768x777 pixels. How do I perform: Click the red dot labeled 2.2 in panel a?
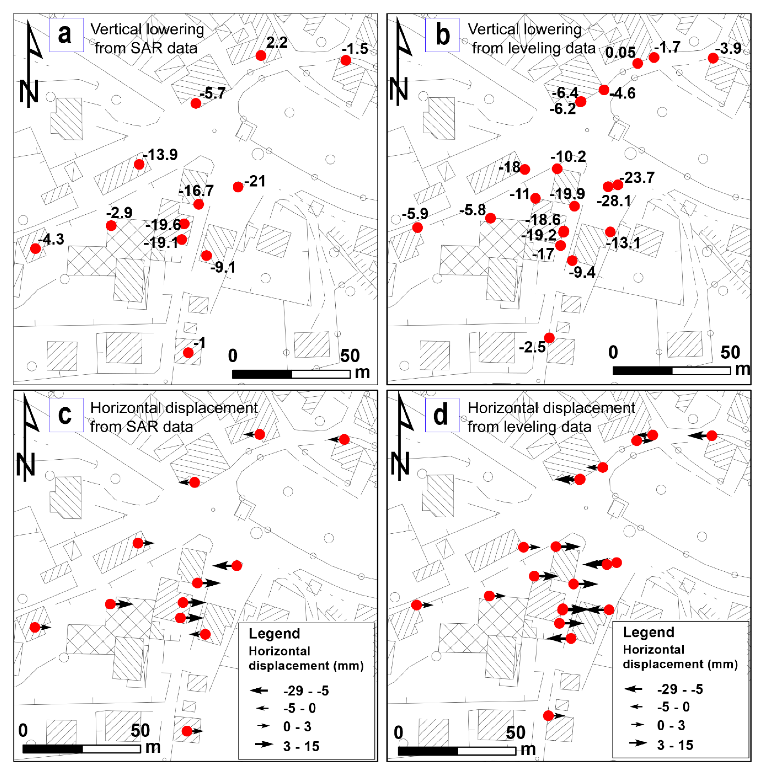point(261,55)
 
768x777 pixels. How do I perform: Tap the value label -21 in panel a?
point(255,181)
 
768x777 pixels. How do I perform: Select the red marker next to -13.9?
point(139,164)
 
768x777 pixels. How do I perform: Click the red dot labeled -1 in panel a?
point(188,353)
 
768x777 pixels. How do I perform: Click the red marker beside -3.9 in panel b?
point(713,58)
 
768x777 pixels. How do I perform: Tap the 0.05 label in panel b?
point(620,52)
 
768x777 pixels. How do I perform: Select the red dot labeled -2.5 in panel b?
point(549,338)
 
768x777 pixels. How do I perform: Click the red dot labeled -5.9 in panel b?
point(418,228)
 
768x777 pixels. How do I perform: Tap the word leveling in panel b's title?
point(534,48)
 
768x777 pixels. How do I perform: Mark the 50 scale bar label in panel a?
point(350,356)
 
